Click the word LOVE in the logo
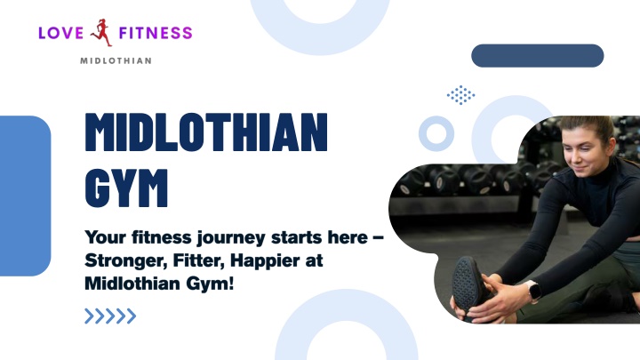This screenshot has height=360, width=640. [60, 33]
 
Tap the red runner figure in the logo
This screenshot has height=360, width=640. [101, 32]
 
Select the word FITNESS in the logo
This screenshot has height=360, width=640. [156, 33]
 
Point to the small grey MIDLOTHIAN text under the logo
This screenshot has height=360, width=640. [116, 60]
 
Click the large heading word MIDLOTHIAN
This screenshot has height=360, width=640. [206, 132]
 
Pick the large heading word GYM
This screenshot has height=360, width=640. [126, 188]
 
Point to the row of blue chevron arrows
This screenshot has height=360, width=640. [110, 316]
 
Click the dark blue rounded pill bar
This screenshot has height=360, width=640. [538, 55]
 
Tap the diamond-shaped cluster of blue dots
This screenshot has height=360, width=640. [460, 95]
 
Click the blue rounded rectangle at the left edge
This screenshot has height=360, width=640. [25, 196]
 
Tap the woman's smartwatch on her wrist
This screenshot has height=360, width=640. [532, 291]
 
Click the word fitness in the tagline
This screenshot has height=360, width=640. [162, 237]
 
